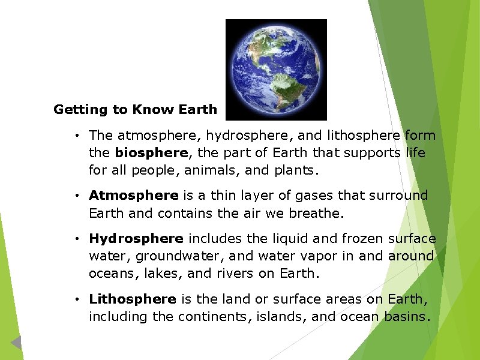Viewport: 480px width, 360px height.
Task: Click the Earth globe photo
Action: [276, 69]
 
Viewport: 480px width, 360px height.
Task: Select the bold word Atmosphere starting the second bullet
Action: [133, 196]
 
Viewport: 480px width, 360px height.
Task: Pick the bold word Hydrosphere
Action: [136, 239]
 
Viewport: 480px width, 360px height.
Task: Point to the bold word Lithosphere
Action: [133, 299]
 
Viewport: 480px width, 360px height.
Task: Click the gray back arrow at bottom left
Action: [16, 343]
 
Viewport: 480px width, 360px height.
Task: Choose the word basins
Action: [406, 316]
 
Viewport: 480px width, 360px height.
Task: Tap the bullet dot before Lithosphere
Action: [78, 299]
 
